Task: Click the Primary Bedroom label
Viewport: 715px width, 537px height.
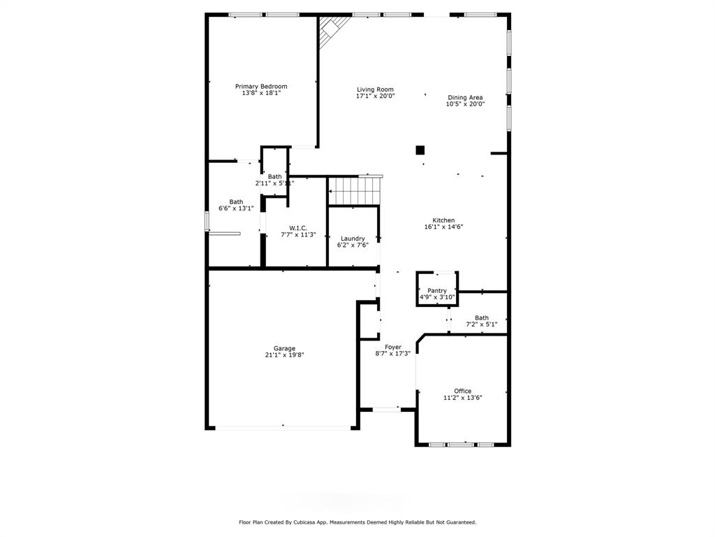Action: pyautogui.click(x=261, y=86)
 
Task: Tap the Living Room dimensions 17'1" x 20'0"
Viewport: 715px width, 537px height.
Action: pyautogui.click(x=375, y=96)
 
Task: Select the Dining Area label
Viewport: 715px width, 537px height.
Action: pyautogui.click(x=465, y=97)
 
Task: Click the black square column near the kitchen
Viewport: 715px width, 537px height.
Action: pyautogui.click(x=420, y=150)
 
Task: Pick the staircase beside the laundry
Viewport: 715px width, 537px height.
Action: pyautogui.click(x=354, y=191)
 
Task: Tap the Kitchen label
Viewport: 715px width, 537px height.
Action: pyautogui.click(x=443, y=220)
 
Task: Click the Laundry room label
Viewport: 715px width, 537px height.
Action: pyautogui.click(x=353, y=238)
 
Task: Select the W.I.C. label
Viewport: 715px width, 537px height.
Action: pyautogui.click(x=298, y=228)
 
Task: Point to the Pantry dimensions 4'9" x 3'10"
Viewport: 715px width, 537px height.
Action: pyautogui.click(x=437, y=297)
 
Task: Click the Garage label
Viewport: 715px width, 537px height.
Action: pyautogui.click(x=285, y=348)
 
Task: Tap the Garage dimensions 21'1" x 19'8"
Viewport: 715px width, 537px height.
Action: pyautogui.click(x=285, y=355)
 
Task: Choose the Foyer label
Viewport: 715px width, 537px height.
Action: pyautogui.click(x=393, y=347)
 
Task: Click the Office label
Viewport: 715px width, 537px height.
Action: pyautogui.click(x=463, y=391)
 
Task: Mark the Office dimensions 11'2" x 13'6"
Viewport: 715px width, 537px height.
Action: pyautogui.click(x=463, y=398)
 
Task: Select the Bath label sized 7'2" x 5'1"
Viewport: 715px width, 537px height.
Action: pyautogui.click(x=482, y=318)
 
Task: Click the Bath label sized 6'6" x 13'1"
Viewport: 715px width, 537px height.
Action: pyautogui.click(x=236, y=202)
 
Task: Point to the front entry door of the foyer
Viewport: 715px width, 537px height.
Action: pyautogui.click(x=386, y=409)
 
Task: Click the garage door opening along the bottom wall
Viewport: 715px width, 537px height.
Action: pyautogui.click(x=283, y=428)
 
